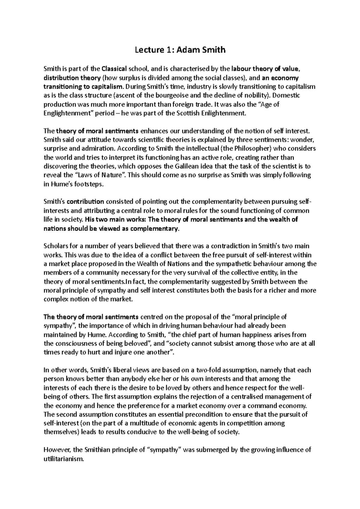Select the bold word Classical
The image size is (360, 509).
tap(114, 69)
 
